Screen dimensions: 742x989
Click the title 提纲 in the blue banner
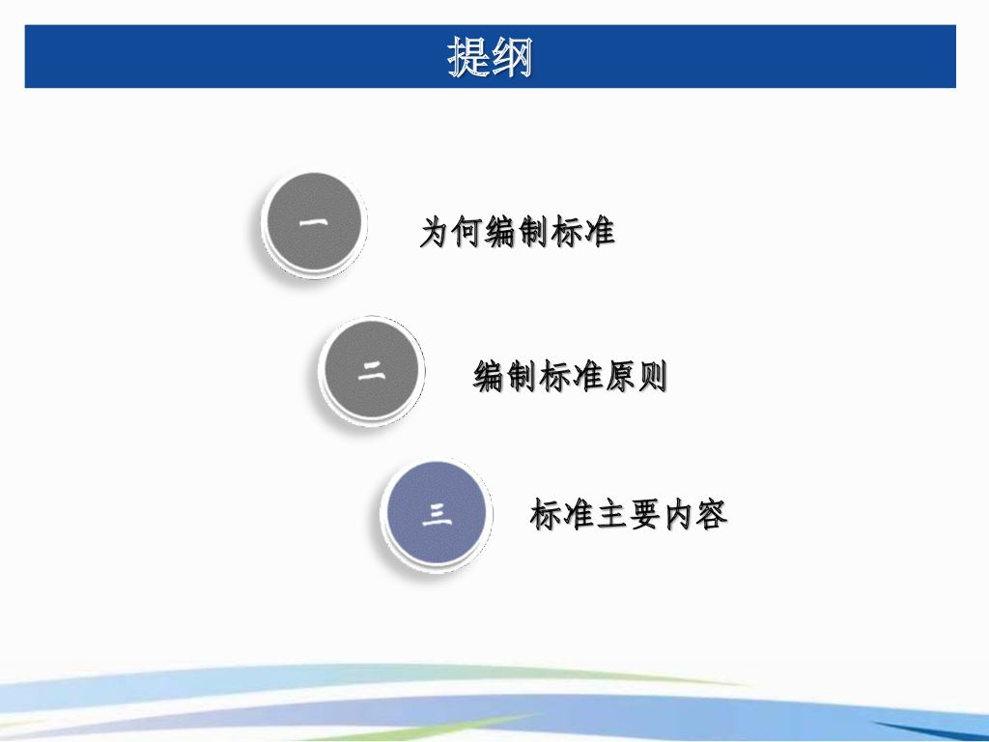coord(490,57)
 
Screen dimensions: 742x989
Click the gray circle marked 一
coord(313,223)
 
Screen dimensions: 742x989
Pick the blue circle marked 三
coord(436,513)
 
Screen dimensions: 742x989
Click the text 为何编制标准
coord(518,233)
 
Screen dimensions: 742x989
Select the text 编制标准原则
coord(570,376)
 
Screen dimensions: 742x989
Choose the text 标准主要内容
coord(629,515)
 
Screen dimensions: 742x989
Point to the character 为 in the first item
coord(436,233)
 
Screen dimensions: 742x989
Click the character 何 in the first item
coord(468,233)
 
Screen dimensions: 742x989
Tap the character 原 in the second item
coord(620,376)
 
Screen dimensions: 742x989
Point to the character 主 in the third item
coord(613,515)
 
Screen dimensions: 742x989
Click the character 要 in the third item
coord(646,515)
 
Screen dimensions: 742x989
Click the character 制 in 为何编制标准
coord(534,233)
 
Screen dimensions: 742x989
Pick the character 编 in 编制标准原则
coord(489,376)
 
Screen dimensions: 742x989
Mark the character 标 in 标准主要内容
coord(547,515)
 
